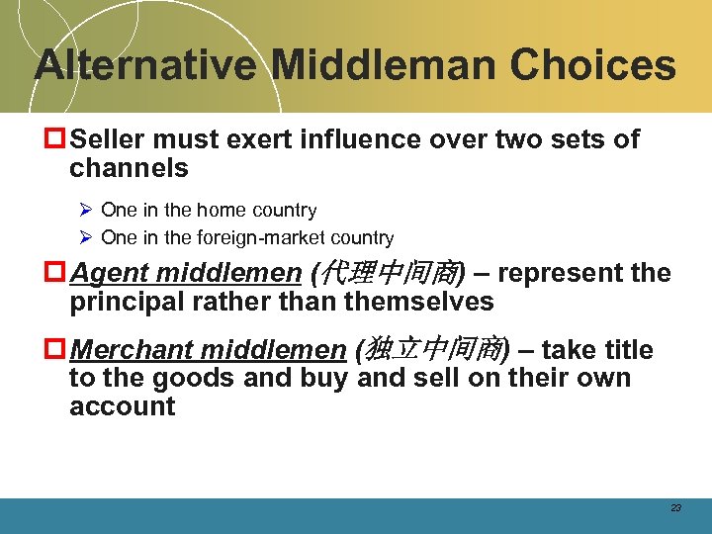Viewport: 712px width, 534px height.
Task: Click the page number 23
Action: pyautogui.click(x=675, y=508)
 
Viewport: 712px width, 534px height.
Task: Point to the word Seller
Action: pyautogui.click(x=110, y=140)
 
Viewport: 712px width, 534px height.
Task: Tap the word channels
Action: pyautogui.click(x=129, y=168)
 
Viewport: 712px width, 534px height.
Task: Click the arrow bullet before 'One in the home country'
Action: pyautogui.click(x=85, y=211)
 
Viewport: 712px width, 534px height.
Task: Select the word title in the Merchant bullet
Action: pyautogui.click(x=626, y=350)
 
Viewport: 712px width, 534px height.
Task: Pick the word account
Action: pyautogui.click(x=123, y=406)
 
